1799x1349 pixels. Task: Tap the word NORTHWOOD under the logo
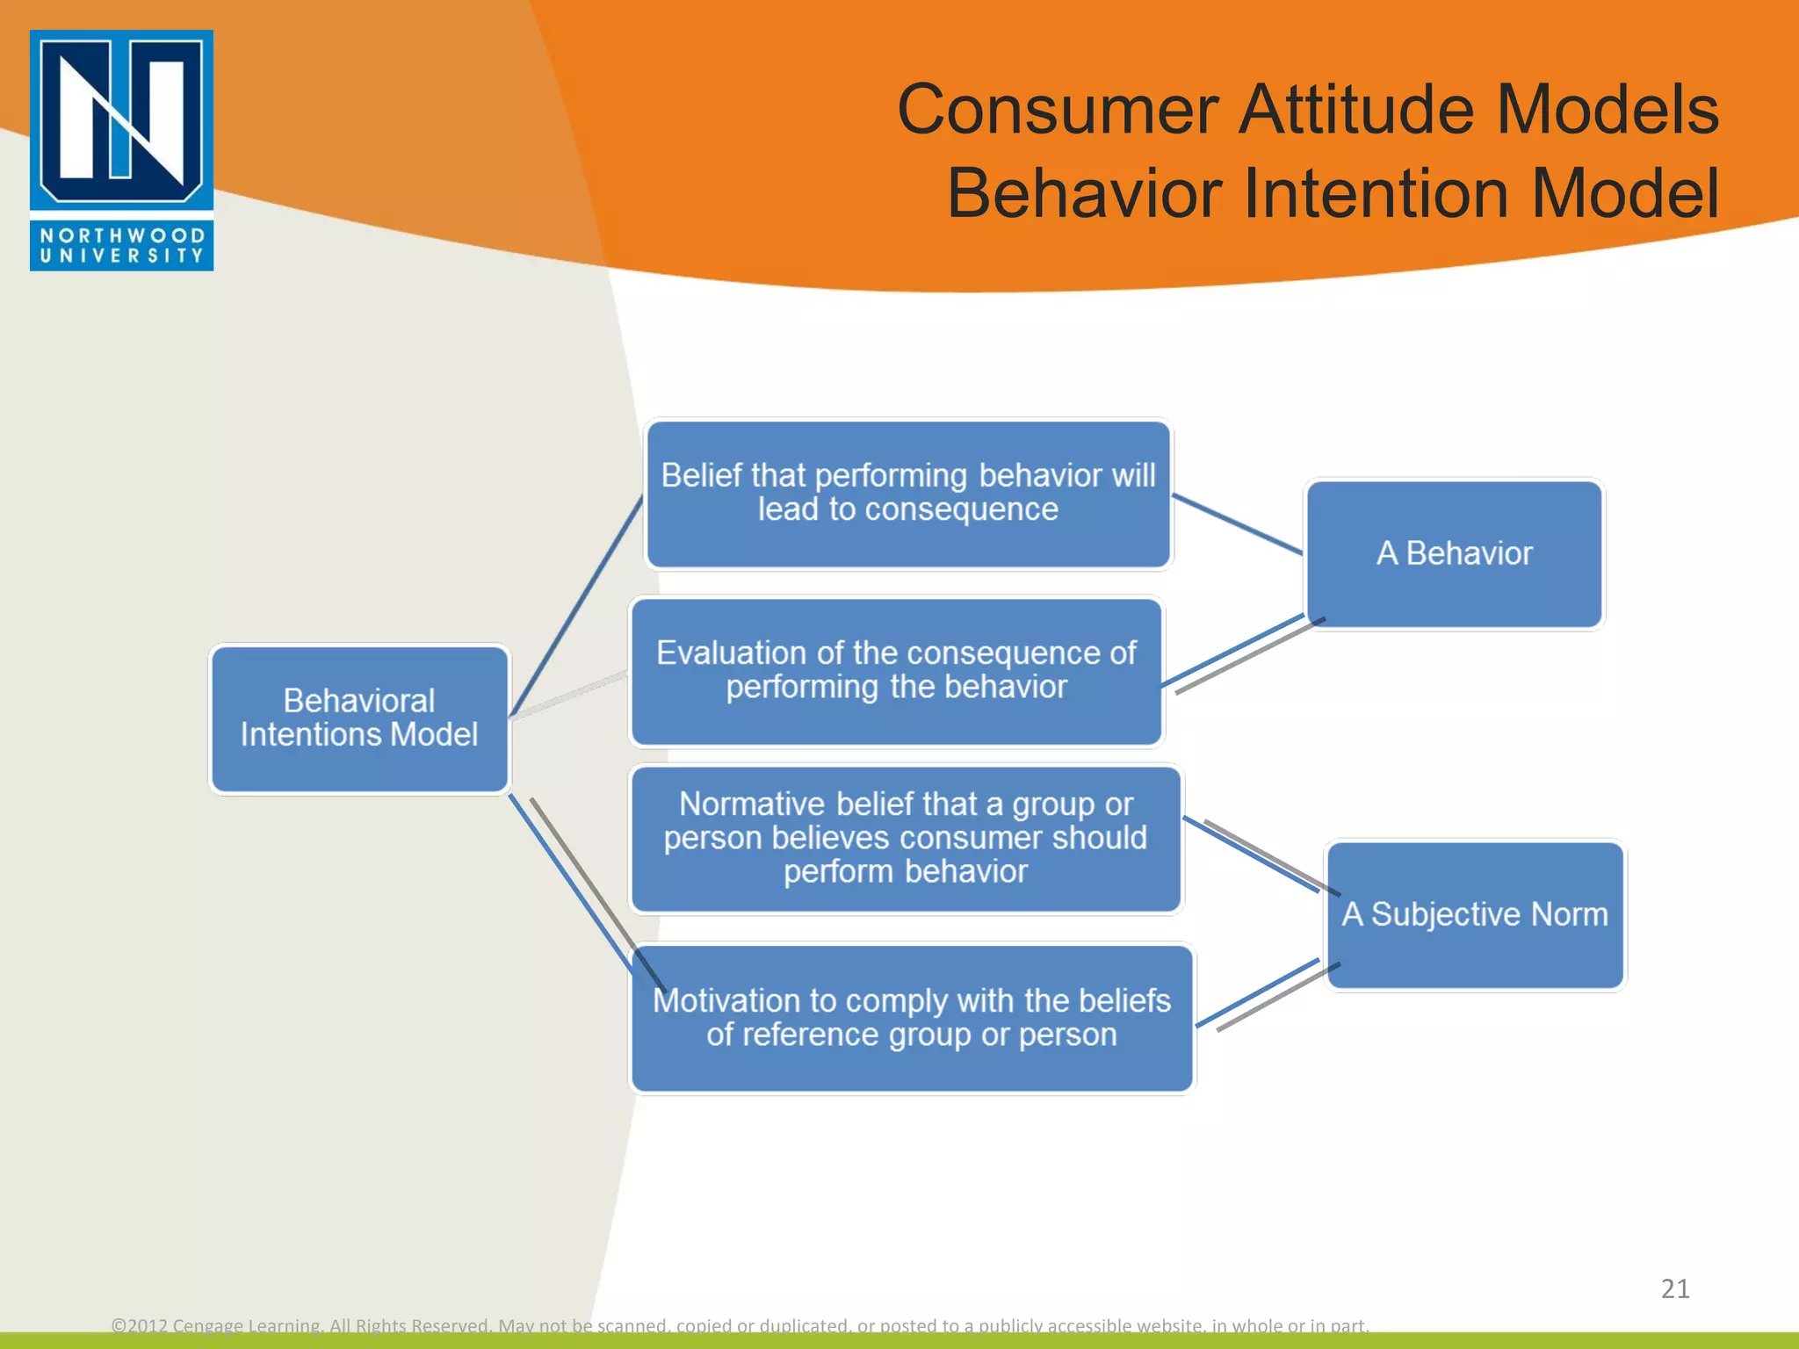[121, 235]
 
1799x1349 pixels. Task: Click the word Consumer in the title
[1058, 110]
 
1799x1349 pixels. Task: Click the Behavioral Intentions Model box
[359, 718]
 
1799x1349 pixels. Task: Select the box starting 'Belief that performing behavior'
[908, 494]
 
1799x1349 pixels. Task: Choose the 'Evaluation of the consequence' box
[896, 671]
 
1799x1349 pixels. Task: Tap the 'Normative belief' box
[906, 839]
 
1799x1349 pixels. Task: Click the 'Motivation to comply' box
[912, 1018]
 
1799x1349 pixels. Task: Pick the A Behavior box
[1454, 553]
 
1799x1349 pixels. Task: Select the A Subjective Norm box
[1475, 915]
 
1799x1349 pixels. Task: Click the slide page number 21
[1674, 1288]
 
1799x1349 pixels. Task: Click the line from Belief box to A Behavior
[1237, 524]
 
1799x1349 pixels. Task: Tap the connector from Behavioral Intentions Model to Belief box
[576, 606]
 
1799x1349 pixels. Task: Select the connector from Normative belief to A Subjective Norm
[1250, 854]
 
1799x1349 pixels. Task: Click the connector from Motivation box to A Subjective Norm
[1256, 993]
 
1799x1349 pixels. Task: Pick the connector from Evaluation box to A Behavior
[1232, 651]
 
